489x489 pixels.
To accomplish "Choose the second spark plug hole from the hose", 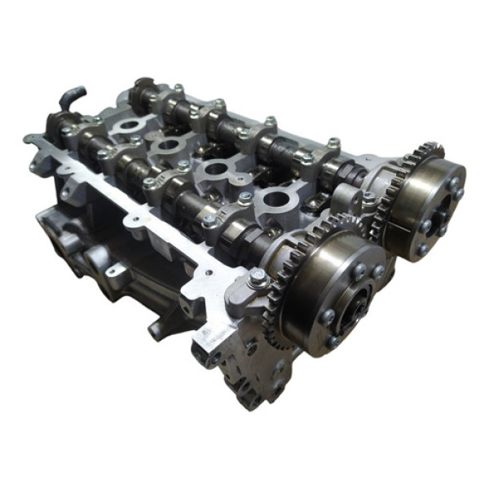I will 170,147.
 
